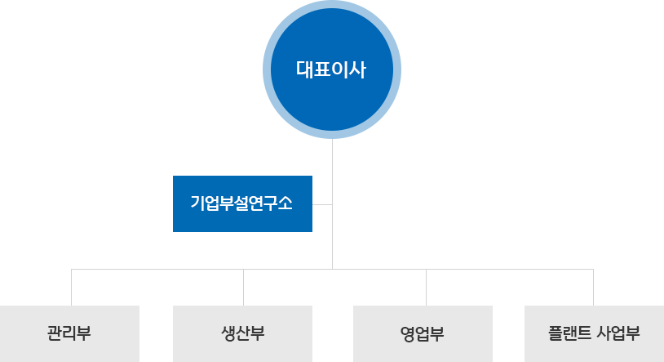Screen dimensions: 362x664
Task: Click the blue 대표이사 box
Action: pyautogui.click(x=331, y=106)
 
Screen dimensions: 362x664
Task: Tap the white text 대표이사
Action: pyautogui.click(x=331, y=69)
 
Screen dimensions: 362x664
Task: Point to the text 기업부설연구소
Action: pyautogui.click(x=241, y=203)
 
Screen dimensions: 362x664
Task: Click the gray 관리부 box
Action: pyautogui.click(x=69, y=347)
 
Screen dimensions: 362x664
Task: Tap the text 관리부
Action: pyautogui.click(x=69, y=333)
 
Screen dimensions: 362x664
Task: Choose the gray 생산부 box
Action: pyautogui.click(x=242, y=347)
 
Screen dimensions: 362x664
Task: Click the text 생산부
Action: pyautogui.click(x=242, y=333)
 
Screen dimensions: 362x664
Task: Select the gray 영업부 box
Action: pyautogui.click(x=423, y=347)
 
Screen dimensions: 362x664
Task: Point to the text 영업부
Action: pyautogui.click(x=423, y=333)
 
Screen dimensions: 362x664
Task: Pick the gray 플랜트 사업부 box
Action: pyautogui.click(x=593, y=347)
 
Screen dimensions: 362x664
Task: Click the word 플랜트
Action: pyautogui.click(x=569, y=333)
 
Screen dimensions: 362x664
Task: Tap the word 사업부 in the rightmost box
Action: pyautogui.click(x=618, y=333)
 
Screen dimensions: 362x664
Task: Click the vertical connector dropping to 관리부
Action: pyautogui.click(x=71, y=287)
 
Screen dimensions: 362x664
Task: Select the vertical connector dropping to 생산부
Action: pyautogui.click(x=242, y=287)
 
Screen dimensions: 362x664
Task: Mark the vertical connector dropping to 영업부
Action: pyautogui.click(x=425, y=287)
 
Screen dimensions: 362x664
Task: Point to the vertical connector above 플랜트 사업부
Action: pyautogui.click(x=593, y=287)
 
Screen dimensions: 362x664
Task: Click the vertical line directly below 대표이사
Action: pyautogui.click(x=332, y=163)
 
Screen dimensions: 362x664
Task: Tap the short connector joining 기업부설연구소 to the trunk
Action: pyautogui.click(x=323, y=203)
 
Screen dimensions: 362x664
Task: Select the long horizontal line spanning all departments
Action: pyautogui.click(x=489, y=268)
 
